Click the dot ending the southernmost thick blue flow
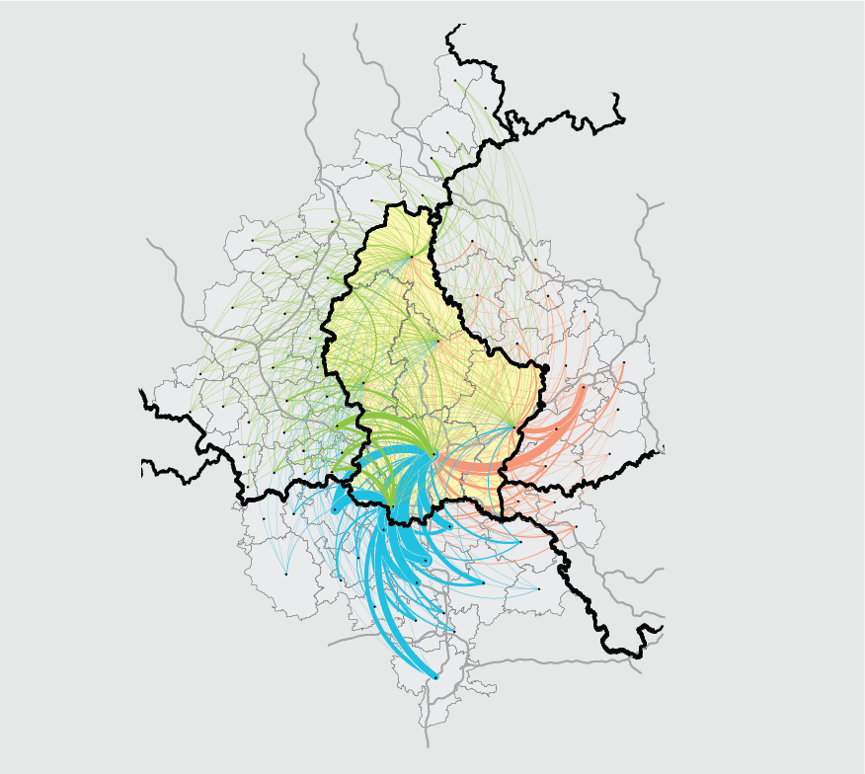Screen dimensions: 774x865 tap(435, 676)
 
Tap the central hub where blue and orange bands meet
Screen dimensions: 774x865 tap(433, 455)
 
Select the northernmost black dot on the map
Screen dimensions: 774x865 tap(455, 80)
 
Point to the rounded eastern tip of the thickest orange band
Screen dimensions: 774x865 tap(583, 387)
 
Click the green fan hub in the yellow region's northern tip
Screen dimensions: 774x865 tap(412, 256)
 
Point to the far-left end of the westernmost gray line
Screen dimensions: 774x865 tap(148, 239)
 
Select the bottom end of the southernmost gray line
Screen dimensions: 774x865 tap(429, 746)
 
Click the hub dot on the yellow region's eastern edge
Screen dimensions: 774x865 tap(514, 426)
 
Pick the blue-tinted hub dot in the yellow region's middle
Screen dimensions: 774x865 tap(437, 342)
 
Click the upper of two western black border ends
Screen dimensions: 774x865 tap(142, 393)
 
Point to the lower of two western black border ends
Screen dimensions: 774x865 tap(142, 464)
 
